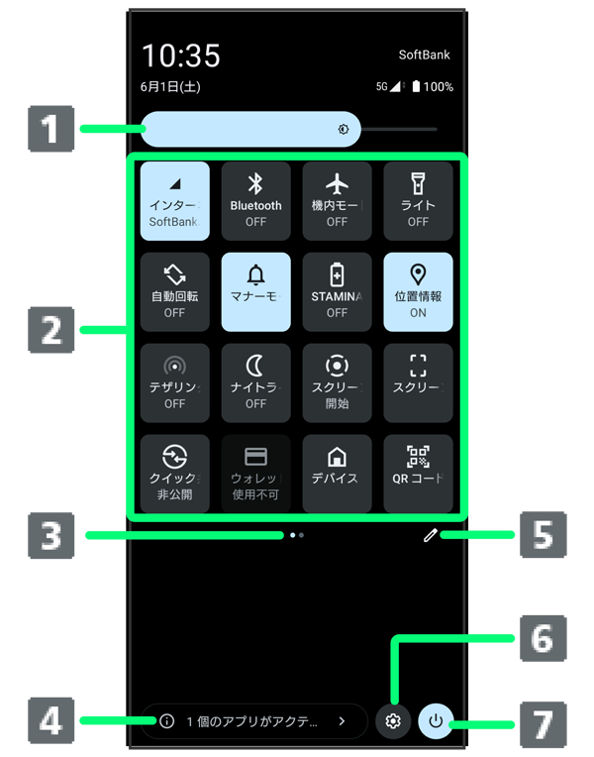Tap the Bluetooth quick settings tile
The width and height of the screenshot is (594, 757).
(x=255, y=196)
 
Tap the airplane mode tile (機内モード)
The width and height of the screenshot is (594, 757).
(x=337, y=196)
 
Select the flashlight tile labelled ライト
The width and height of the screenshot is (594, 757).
(x=418, y=196)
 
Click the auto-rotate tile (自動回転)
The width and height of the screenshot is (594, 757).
(x=174, y=287)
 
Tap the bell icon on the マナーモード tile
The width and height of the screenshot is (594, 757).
(x=255, y=274)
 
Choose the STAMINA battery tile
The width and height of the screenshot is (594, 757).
(x=337, y=287)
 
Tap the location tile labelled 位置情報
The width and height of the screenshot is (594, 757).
(x=418, y=287)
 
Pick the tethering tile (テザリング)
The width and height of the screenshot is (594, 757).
(x=174, y=378)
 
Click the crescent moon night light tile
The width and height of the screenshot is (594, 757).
(x=255, y=378)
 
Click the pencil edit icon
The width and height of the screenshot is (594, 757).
(x=429, y=535)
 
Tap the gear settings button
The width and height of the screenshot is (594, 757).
(x=393, y=721)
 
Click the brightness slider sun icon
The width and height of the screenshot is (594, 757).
(x=344, y=129)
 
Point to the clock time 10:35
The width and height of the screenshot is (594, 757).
(x=180, y=55)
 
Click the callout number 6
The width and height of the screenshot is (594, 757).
(x=542, y=639)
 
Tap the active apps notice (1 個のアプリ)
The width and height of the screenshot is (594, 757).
(x=251, y=721)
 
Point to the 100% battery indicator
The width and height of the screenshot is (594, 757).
(x=433, y=87)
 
